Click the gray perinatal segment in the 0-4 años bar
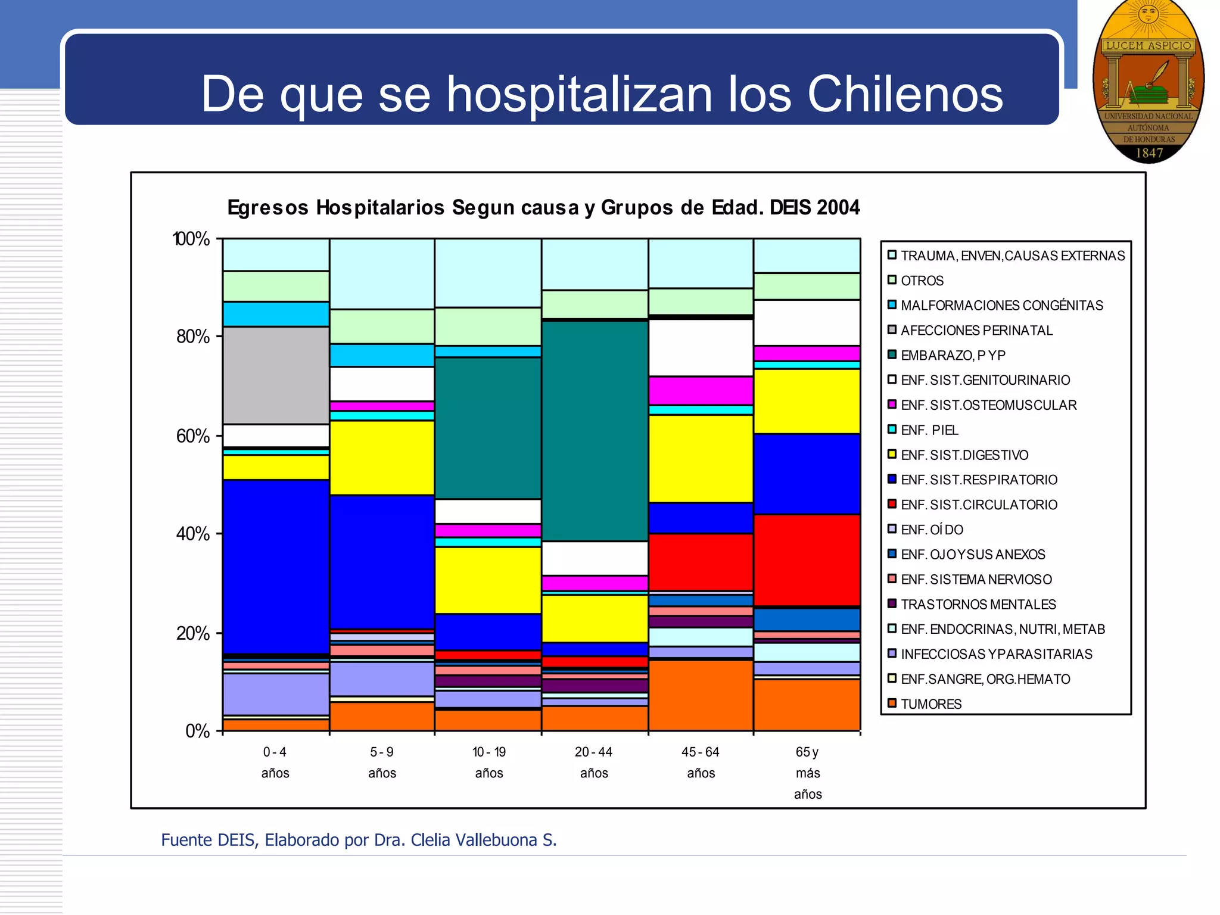[x=276, y=375]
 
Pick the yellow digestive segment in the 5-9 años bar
[x=382, y=457]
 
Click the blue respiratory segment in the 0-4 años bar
[x=276, y=566]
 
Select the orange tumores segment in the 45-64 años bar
[x=701, y=695]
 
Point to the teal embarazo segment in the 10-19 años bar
[x=488, y=428]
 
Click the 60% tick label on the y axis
[x=193, y=436]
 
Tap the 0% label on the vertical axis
[x=198, y=731]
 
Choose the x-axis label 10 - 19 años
[x=488, y=762]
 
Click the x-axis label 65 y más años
[x=807, y=773]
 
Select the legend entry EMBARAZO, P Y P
[x=953, y=356]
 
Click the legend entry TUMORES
[x=931, y=704]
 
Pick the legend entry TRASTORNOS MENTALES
[x=978, y=605]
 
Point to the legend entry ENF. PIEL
[x=929, y=430]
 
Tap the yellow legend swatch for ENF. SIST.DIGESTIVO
[x=892, y=455]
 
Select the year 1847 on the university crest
[x=1149, y=153]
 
